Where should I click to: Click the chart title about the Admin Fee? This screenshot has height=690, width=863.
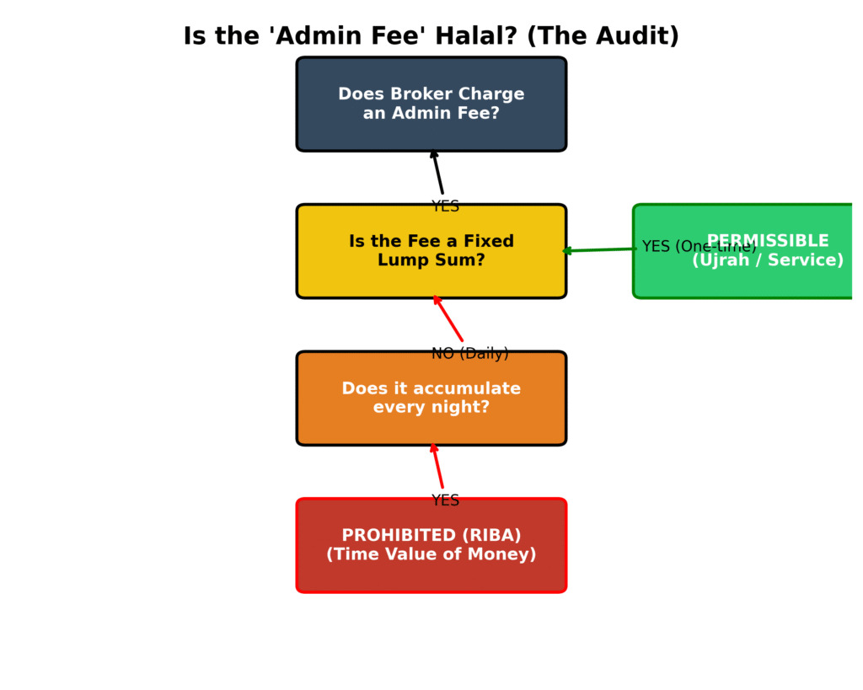[x=431, y=36]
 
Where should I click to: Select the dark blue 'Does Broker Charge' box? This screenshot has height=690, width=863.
[x=431, y=104]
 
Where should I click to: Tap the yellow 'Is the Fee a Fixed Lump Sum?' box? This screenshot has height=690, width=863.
[x=431, y=251]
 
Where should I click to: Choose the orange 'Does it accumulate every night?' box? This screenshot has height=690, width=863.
[x=431, y=398]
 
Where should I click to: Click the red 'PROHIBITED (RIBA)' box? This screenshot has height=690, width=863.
[x=431, y=545]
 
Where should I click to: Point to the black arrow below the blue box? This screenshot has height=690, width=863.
[x=437, y=173]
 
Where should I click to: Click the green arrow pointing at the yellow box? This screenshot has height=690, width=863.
[x=600, y=249]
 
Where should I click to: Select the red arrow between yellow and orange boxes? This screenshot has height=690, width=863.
[x=448, y=318]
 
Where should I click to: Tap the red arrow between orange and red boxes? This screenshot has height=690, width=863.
[x=437, y=466]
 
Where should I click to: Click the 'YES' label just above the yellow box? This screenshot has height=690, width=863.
[x=445, y=206]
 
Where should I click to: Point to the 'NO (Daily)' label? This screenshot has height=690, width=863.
[x=469, y=354]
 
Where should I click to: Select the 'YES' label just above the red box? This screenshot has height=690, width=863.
[x=445, y=500]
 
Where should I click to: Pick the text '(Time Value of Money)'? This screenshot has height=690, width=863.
[x=431, y=555]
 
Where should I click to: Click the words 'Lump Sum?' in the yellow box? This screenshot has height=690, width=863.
[x=431, y=261]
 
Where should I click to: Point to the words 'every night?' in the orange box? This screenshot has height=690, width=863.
[x=431, y=408]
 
